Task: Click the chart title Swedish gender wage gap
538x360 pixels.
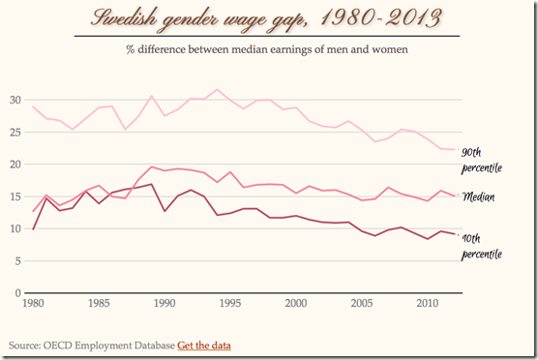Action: (x=269, y=19)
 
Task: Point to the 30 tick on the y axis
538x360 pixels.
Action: (x=15, y=100)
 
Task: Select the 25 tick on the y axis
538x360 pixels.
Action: (x=15, y=132)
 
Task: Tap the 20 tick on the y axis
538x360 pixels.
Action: (x=15, y=165)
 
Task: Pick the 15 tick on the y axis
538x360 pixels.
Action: (x=15, y=196)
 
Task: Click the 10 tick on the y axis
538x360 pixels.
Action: (x=15, y=228)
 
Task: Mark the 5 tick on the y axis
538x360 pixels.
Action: (x=17, y=260)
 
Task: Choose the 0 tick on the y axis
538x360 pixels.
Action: (x=17, y=292)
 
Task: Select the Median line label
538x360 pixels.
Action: (x=480, y=196)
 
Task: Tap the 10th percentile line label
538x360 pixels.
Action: (x=481, y=244)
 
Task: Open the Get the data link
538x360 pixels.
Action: (x=204, y=345)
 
